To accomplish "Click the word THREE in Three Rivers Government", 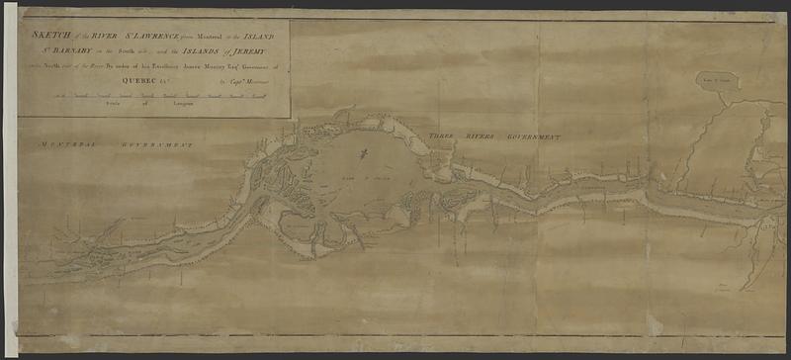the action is click(x=441, y=132).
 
